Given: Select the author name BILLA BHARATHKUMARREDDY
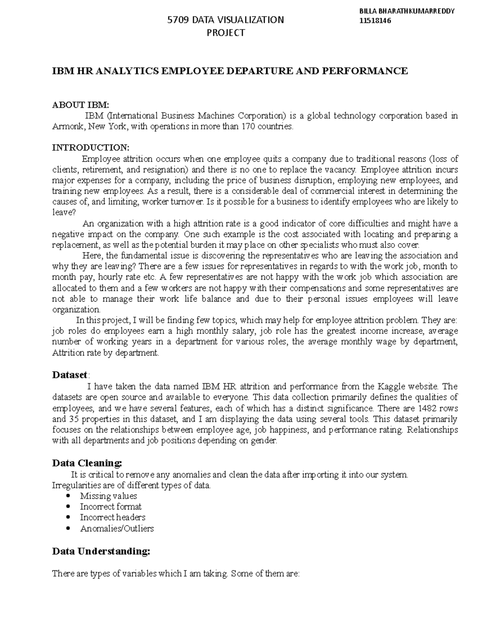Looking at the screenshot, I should coord(406,11).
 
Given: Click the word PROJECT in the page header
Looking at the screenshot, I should coord(226,33).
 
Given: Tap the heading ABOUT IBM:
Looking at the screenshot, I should coord(80,105).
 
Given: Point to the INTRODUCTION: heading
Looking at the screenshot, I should coord(91,148).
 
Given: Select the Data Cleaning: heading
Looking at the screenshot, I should coord(87,463).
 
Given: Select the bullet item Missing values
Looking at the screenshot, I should coord(108,496).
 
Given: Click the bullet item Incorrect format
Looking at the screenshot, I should coord(111,507).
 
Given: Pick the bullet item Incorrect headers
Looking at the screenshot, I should coord(112,517).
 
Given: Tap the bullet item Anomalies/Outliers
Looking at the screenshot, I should coord(117,528).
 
